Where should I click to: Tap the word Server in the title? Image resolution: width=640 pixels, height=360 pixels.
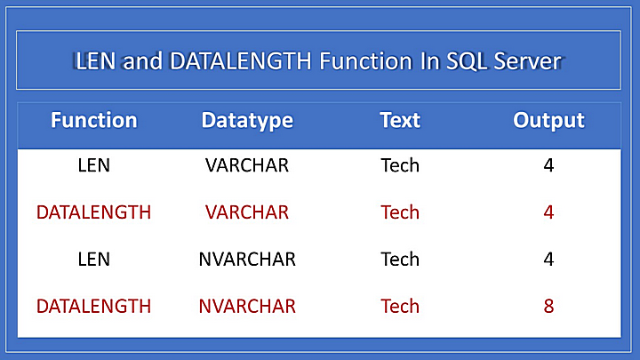[x=527, y=61]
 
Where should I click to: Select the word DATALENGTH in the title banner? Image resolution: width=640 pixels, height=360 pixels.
[x=241, y=61]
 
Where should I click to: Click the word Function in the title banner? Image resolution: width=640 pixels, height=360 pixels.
[x=365, y=61]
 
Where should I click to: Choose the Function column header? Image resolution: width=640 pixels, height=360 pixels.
[x=94, y=120]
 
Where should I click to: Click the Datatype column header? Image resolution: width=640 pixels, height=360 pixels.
[x=247, y=121]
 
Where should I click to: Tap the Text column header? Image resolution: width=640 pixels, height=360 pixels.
[x=400, y=120]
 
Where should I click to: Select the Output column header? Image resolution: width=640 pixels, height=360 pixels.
[x=548, y=121]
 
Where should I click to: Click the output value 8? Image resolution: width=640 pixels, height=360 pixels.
[x=548, y=306]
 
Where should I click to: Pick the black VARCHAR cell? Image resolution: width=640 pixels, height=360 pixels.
[x=247, y=165]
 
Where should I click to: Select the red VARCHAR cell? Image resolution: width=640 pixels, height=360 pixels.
[x=247, y=212]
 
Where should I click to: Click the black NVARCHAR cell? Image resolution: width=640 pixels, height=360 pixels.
[x=247, y=260]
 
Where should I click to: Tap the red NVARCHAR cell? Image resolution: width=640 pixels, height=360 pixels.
[x=247, y=306]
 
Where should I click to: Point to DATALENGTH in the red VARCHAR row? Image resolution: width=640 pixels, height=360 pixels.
[x=94, y=212]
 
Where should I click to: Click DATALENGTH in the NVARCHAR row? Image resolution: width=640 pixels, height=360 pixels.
[x=94, y=306]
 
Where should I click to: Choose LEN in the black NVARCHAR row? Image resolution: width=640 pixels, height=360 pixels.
[x=94, y=260]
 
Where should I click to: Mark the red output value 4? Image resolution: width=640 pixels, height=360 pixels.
[x=548, y=212]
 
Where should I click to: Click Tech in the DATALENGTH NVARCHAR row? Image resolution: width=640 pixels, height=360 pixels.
[x=400, y=306]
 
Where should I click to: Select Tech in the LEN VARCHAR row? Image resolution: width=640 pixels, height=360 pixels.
[x=400, y=165]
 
